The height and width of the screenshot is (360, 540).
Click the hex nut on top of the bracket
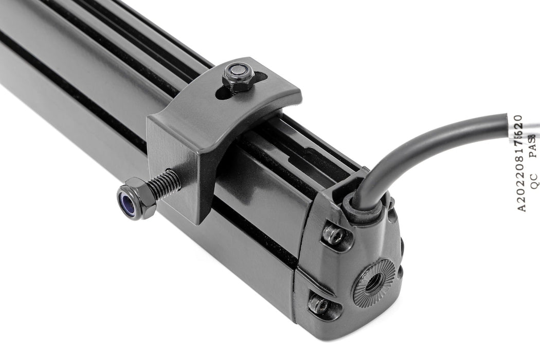[x=237, y=77]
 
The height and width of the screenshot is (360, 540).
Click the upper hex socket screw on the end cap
[x=335, y=235]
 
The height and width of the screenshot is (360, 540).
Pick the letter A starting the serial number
[x=520, y=208]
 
